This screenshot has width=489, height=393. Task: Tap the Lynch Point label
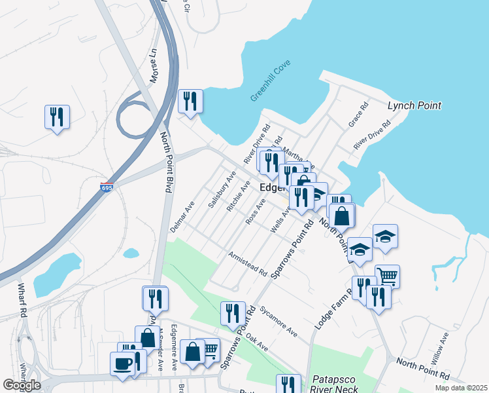point(414,105)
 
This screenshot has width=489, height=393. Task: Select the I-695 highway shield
point(107,188)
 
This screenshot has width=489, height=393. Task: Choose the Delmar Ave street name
point(182,215)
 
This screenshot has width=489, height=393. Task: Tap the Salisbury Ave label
point(222,190)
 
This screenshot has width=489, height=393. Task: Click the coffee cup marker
point(123,363)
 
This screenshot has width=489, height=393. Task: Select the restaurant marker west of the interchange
point(57,117)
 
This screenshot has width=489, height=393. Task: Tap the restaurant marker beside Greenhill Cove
point(190,101)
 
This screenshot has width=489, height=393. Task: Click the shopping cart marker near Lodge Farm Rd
point(387,276)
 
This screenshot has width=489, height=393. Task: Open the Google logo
point(22,385)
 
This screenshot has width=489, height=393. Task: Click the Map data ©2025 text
point(460,388)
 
